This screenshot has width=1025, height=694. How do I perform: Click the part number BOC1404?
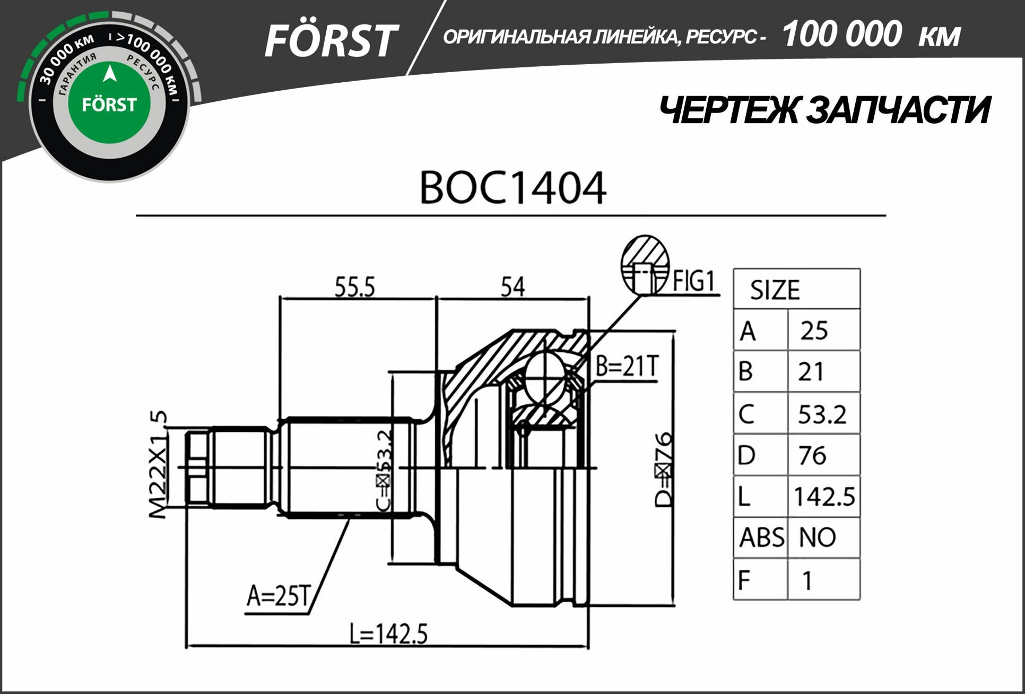point(512,188)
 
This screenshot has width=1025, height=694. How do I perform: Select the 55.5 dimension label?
point(354,287)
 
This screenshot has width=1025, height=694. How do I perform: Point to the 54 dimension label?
point(512,287)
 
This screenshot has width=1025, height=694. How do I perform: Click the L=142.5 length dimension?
point(388,634)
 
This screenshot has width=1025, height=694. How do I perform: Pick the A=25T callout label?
point(277,596)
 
